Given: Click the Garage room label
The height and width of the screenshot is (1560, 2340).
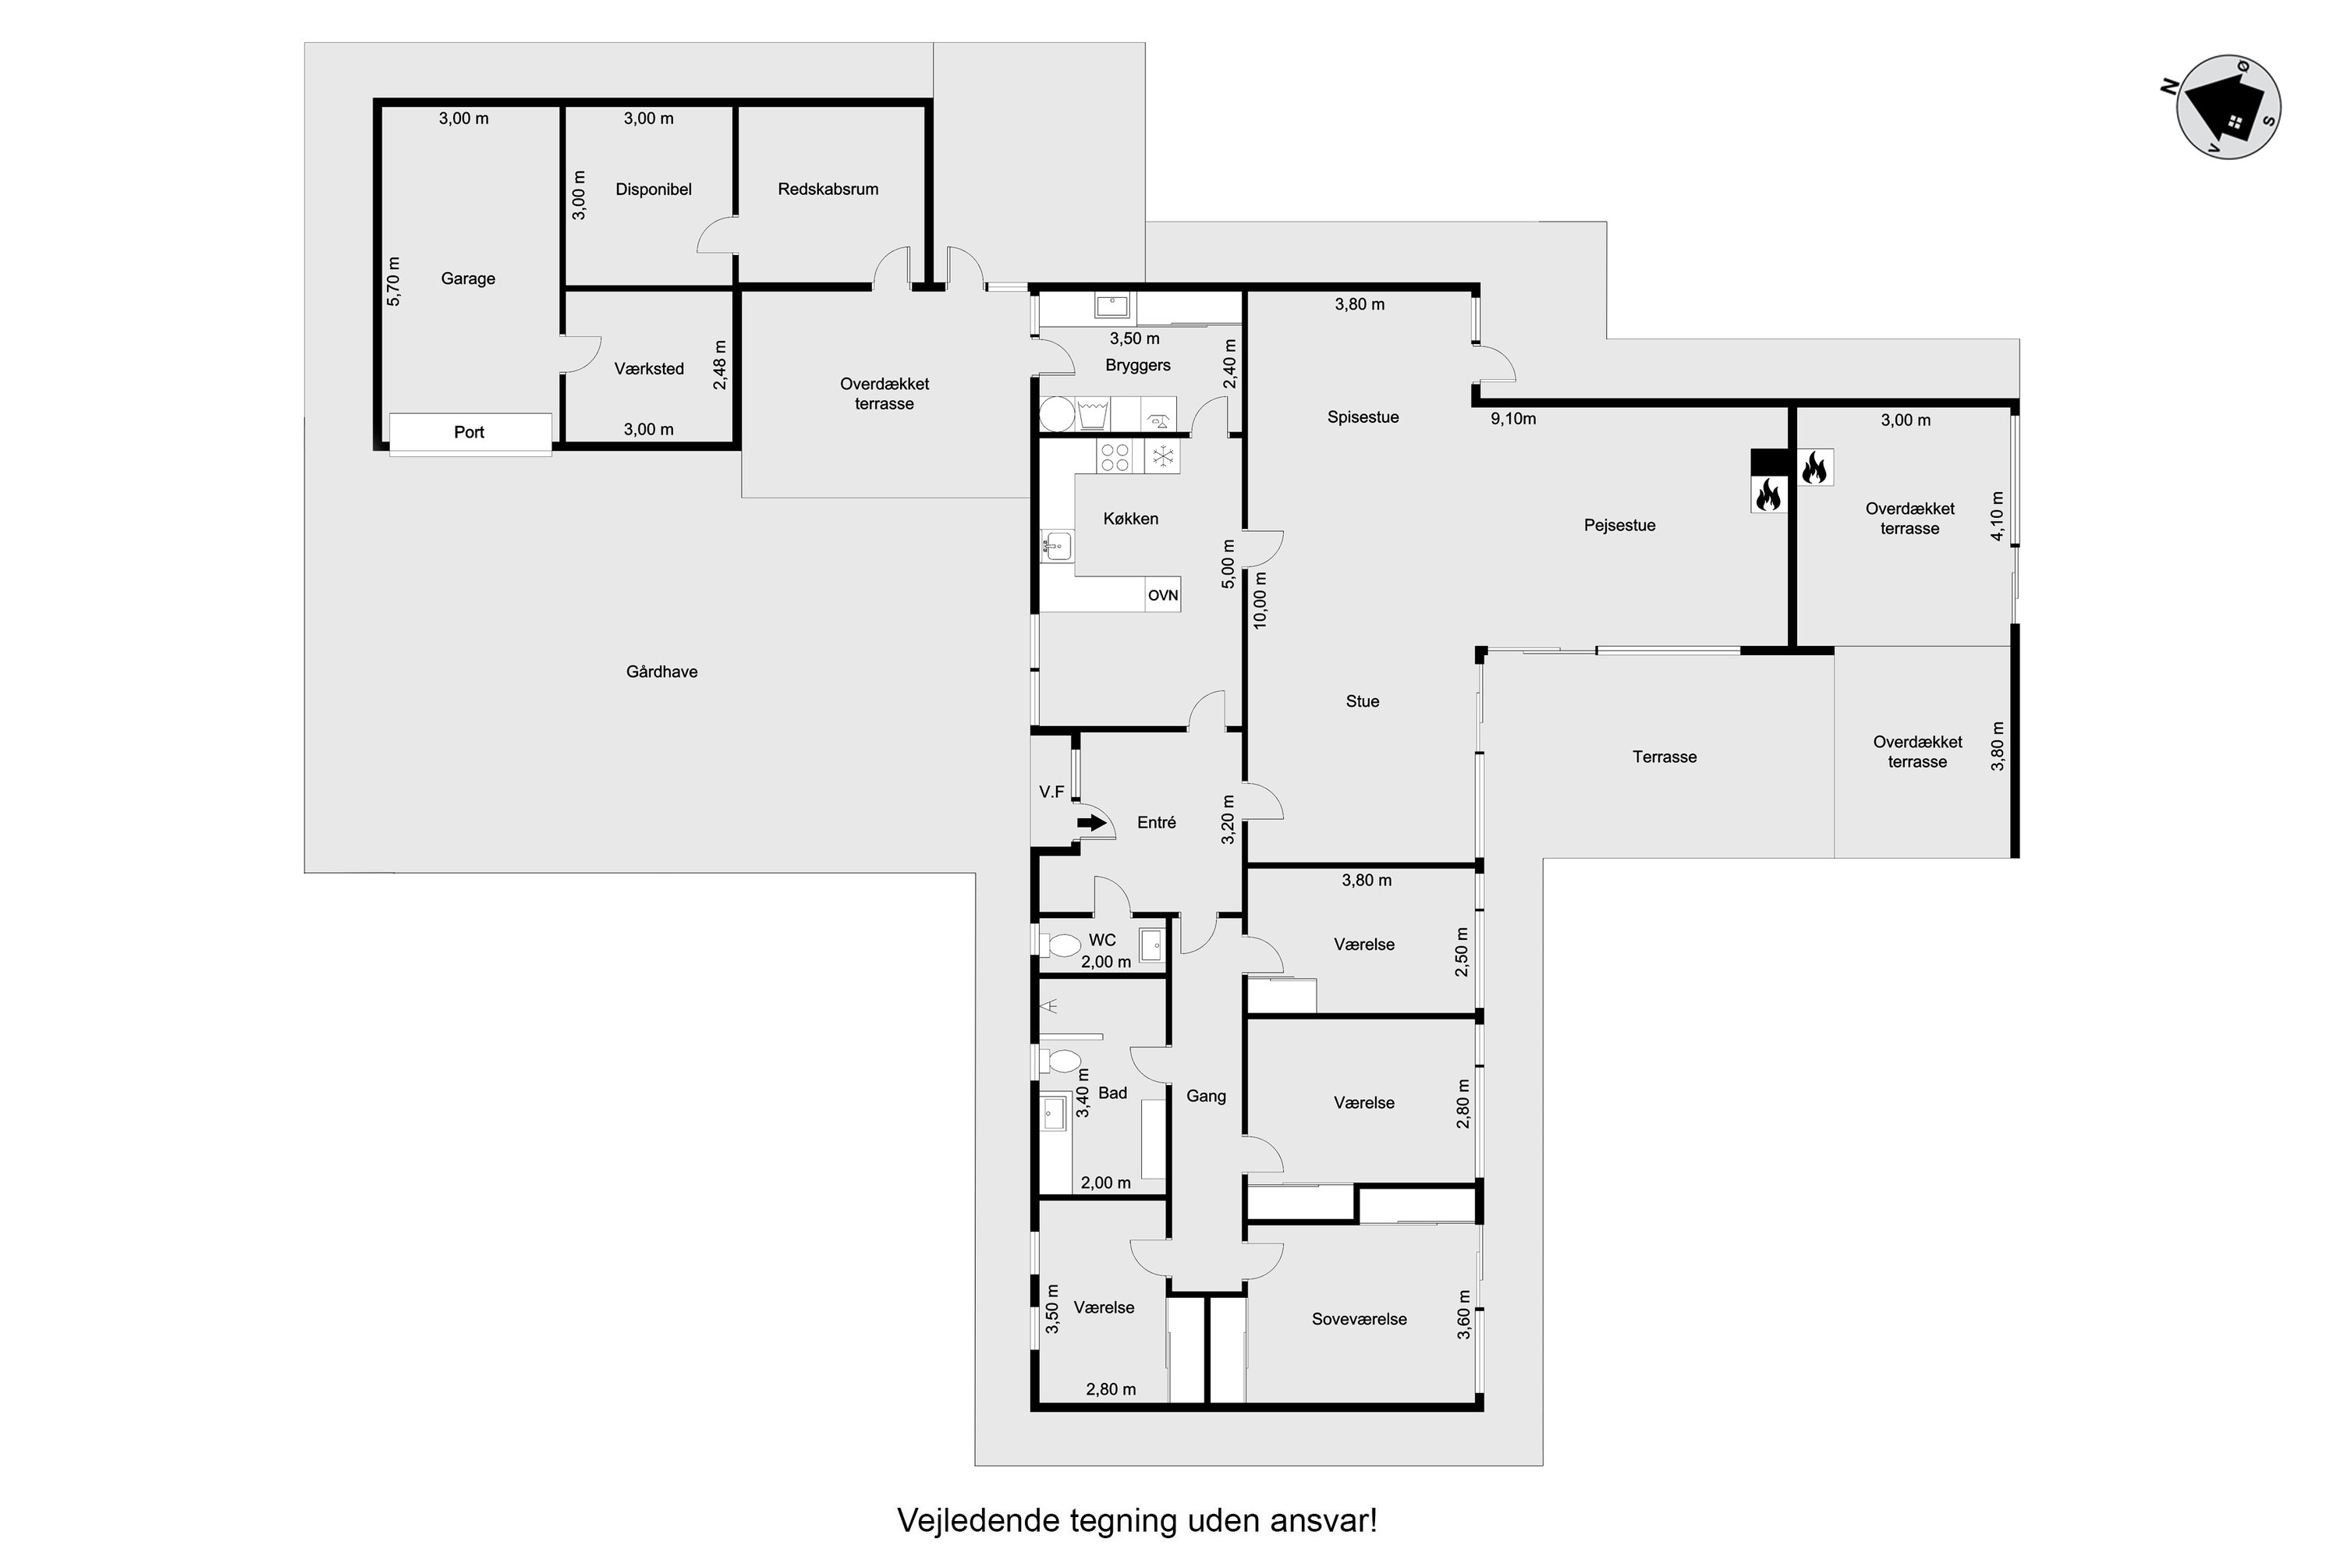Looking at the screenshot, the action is pyautogui.click(x=467, y=278).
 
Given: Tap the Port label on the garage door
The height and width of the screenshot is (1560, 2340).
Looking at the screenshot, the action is pyautogui.click(x=469, y=432).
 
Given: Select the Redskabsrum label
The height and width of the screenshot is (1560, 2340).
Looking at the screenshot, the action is pyautogui.click(x=828, y=189).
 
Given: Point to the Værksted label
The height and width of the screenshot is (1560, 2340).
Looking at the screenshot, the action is pyautogui.click(x=649, y=369).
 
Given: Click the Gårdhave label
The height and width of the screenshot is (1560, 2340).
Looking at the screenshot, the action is pyautogui.click(x=661, y=672).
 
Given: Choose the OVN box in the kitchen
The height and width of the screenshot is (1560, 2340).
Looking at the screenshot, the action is pyautogui.click(x=1163, y=595).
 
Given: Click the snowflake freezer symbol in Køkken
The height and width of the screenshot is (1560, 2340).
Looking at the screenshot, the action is pyautogui.click(x=1162, y=456).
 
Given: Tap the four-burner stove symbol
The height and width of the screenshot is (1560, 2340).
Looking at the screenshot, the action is pyautogui.click(x=1115, y=456).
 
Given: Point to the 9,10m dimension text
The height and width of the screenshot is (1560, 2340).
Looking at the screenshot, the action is pyautogui.click(x=1513, y=419).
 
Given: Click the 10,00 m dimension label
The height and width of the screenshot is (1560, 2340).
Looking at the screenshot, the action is pyautogui.click(x=1260, y=600).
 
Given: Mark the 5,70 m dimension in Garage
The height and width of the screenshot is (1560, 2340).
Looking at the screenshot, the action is pyautogui.click(x=393, y=281).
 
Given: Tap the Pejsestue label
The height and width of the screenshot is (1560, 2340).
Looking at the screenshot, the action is pyautogui.click(x=1620, y=525).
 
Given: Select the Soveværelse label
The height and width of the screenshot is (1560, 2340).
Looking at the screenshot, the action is pyautogui.click(x=1359, y=1319).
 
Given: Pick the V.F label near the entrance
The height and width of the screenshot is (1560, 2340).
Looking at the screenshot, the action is pyautogui.click(x=1051, y=792).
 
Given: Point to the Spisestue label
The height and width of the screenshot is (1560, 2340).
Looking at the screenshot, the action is pyautogui.click(x=1363, y=417).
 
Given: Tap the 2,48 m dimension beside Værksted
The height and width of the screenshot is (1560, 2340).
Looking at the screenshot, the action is pyautogui.click(x=720, y=365).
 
